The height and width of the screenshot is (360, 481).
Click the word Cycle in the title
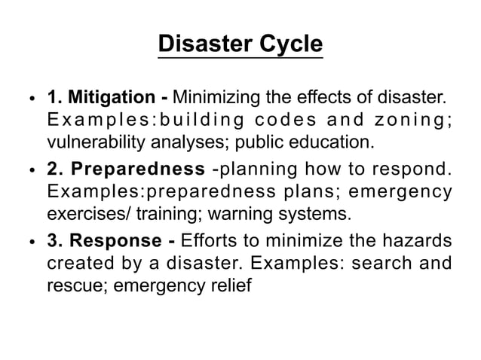(286, 44)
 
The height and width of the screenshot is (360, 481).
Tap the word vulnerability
(87, 141)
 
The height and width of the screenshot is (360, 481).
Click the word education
(332, 141)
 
